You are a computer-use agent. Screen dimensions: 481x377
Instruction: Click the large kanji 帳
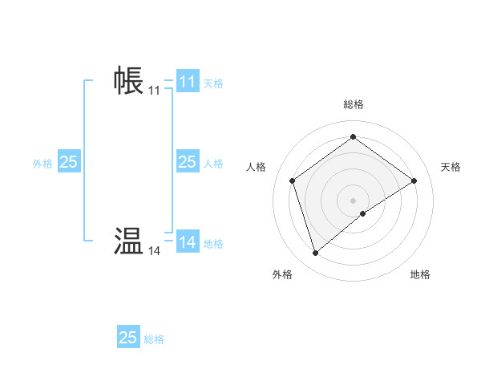point(128,81)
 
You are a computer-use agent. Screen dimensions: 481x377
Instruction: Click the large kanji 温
point(128,241)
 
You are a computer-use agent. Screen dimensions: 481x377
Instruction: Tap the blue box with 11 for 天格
point(188,82)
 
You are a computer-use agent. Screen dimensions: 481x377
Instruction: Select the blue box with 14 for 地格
point(188,241)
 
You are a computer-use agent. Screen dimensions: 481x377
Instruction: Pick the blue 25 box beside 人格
point(187,162)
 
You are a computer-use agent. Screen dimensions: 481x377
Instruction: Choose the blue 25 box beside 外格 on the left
point(68,162)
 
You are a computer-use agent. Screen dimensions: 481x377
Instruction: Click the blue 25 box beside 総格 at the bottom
point(128,338)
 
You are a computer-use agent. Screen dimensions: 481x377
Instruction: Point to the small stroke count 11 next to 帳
point(154,91)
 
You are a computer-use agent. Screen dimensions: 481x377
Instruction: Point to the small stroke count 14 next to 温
point(154,251)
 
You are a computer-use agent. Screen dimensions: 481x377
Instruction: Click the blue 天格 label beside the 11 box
point(213,83)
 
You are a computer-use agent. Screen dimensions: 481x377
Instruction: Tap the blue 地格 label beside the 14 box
point(213,243)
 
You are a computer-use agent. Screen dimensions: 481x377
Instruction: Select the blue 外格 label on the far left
point(42,163)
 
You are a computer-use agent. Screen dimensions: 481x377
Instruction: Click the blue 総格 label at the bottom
point(154,339)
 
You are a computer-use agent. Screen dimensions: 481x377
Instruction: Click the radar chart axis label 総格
point(353,104)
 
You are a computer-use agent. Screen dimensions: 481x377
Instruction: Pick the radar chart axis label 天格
point(451,167)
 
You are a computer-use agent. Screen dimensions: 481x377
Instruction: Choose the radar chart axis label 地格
point(420,274)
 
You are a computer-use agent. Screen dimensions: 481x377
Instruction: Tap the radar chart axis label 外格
point(282,274)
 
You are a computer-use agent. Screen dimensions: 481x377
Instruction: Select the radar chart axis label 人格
point(256,167)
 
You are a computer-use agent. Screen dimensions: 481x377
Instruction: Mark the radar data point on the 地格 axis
point(363,213)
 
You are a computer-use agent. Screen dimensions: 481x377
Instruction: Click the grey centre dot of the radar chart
point(353,200)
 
